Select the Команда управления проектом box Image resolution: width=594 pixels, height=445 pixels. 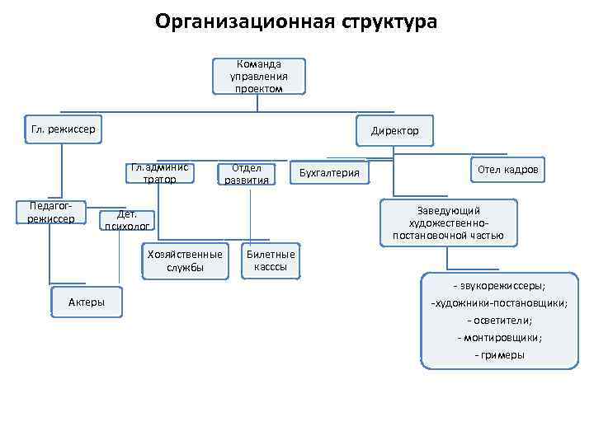pos(258,76)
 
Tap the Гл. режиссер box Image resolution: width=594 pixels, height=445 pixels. pos(63,129)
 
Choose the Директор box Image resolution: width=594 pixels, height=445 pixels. pos(394,131)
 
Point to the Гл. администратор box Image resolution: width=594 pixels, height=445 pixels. pos(159,173)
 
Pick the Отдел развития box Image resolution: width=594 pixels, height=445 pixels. pos(245,174)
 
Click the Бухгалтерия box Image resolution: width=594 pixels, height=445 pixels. pos(329,172)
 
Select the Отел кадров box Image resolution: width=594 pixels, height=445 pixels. pos(507,169)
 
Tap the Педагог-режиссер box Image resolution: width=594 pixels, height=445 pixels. pos(50,212)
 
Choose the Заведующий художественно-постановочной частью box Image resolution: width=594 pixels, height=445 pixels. pos(449,223)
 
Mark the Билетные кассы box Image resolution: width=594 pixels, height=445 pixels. pos(271,261)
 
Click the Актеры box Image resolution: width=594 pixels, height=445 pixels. pos(86,302)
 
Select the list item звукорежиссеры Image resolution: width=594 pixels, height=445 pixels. pos(498,286)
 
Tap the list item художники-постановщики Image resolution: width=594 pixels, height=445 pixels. pos(499,303)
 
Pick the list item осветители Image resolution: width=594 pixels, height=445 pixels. pos(499,321)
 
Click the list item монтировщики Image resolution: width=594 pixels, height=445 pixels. pos(499,338)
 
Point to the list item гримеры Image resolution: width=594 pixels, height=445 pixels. pos(499,355)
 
